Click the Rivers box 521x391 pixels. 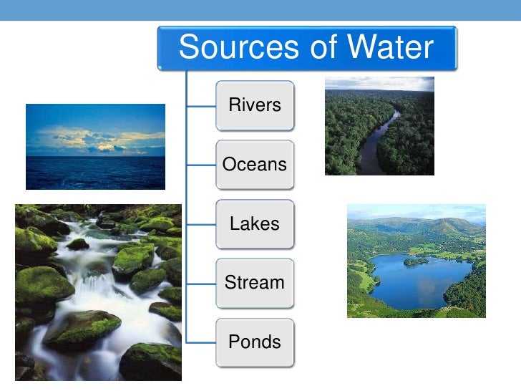click(255, 105)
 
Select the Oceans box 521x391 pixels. click(255, 165)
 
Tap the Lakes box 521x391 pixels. click(255, 223)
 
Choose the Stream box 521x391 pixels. click(255, 282)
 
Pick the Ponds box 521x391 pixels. click(255, 342)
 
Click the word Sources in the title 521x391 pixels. click(240, 48)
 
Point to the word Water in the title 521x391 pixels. click(391, 48)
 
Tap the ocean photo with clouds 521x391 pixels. click(95, 147)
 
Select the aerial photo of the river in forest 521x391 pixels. click(379, 126)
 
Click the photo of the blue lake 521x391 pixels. click(416, 261)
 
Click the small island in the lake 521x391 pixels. click(416, 261)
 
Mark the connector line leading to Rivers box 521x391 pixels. click(201, 106)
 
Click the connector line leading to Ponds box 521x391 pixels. click(201, 342)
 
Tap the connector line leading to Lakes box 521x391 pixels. click(201, 224)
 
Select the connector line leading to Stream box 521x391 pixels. click(201, 283)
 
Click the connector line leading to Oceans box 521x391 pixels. click(201, 165)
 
